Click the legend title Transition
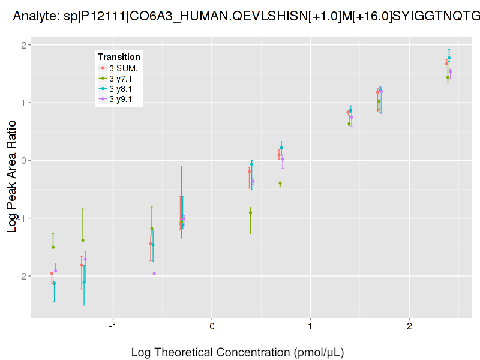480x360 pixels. coord(119,57)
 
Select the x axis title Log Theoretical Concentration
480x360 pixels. coord(238,352)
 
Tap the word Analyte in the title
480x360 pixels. coord(34,18)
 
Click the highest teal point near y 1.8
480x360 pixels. coord(449,58)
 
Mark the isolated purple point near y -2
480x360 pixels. coord(154,274)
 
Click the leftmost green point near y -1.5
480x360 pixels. coord(53,247)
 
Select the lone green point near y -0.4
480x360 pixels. coord(280,184)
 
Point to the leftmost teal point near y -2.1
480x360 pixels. coord(55,283)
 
